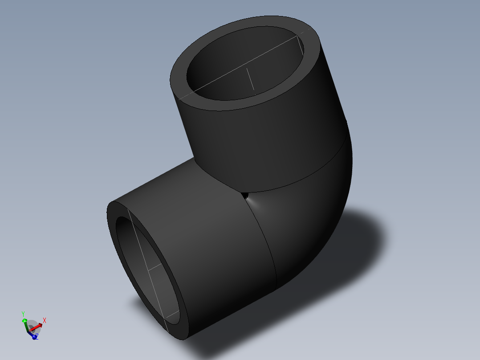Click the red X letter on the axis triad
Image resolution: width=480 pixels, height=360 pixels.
(45, 320)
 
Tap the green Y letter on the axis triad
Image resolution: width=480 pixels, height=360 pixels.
(23, 314)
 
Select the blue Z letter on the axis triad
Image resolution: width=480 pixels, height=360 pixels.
(37, 338)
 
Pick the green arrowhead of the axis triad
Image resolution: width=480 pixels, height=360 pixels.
(24, 320)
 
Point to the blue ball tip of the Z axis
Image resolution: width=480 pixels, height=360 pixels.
(34, 337)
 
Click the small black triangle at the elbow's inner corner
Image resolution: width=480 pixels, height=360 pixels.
(245, 195)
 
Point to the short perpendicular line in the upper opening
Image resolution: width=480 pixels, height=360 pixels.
(251, 79)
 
